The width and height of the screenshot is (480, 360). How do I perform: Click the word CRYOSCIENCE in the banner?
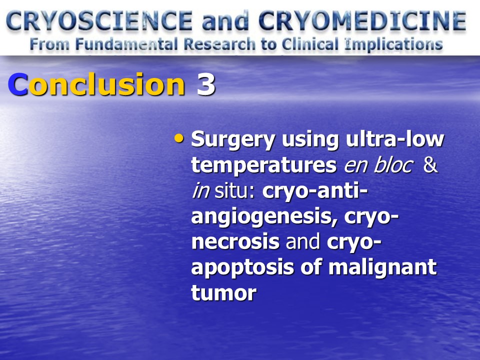tap(99, 21)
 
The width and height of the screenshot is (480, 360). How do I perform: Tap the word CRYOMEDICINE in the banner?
tap(362, 21)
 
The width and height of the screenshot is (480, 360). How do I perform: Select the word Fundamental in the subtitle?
tap(126, 44)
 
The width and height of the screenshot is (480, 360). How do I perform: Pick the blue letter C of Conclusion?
tap(18, 84)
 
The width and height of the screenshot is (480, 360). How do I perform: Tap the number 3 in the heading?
tap(205, 84)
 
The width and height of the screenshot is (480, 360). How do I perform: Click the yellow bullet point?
tap(179, 138)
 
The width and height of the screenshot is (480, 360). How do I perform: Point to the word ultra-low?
tap(395, 139)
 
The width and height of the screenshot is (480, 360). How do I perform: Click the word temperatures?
tap(264, 166)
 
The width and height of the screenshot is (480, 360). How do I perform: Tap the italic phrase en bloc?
tap(378, 165)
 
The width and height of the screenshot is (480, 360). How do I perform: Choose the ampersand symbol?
tap(430, 165)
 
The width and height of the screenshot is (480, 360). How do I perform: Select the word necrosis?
tap(235, 242)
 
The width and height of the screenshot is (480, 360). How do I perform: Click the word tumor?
tap(224, 293)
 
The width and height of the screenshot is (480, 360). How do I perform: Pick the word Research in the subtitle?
tap(219, 44)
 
